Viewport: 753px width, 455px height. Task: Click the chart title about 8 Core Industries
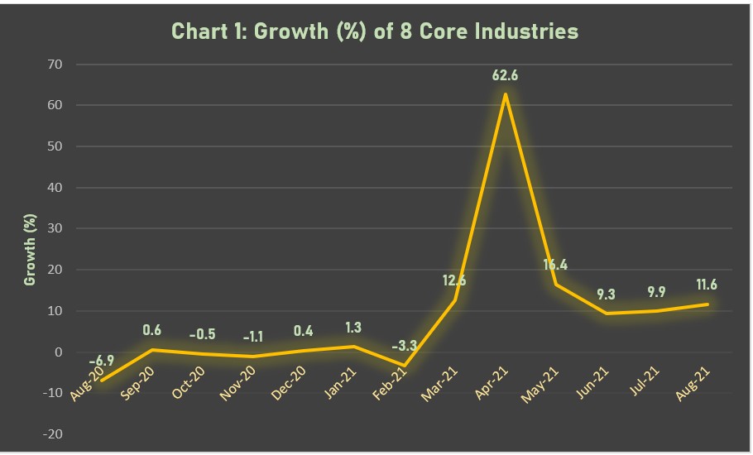[x=374, y=31]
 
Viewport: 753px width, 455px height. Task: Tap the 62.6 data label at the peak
[x=505, y=76]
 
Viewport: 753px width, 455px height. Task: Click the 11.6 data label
[x=707, y=285]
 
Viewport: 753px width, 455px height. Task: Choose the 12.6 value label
[x=454, y=280]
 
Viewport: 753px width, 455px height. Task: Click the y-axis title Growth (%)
[x=31, y=249]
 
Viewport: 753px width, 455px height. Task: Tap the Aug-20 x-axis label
[x=89, y=386]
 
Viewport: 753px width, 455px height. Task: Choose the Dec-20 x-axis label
[x=291, y=385]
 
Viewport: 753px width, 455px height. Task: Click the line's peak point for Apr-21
[x=505, y=94]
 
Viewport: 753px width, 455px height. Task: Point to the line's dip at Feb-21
[x=404, y=365]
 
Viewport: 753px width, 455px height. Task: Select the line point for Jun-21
[x=607, y=314]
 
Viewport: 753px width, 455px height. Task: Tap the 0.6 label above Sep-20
[x=153, y=330]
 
